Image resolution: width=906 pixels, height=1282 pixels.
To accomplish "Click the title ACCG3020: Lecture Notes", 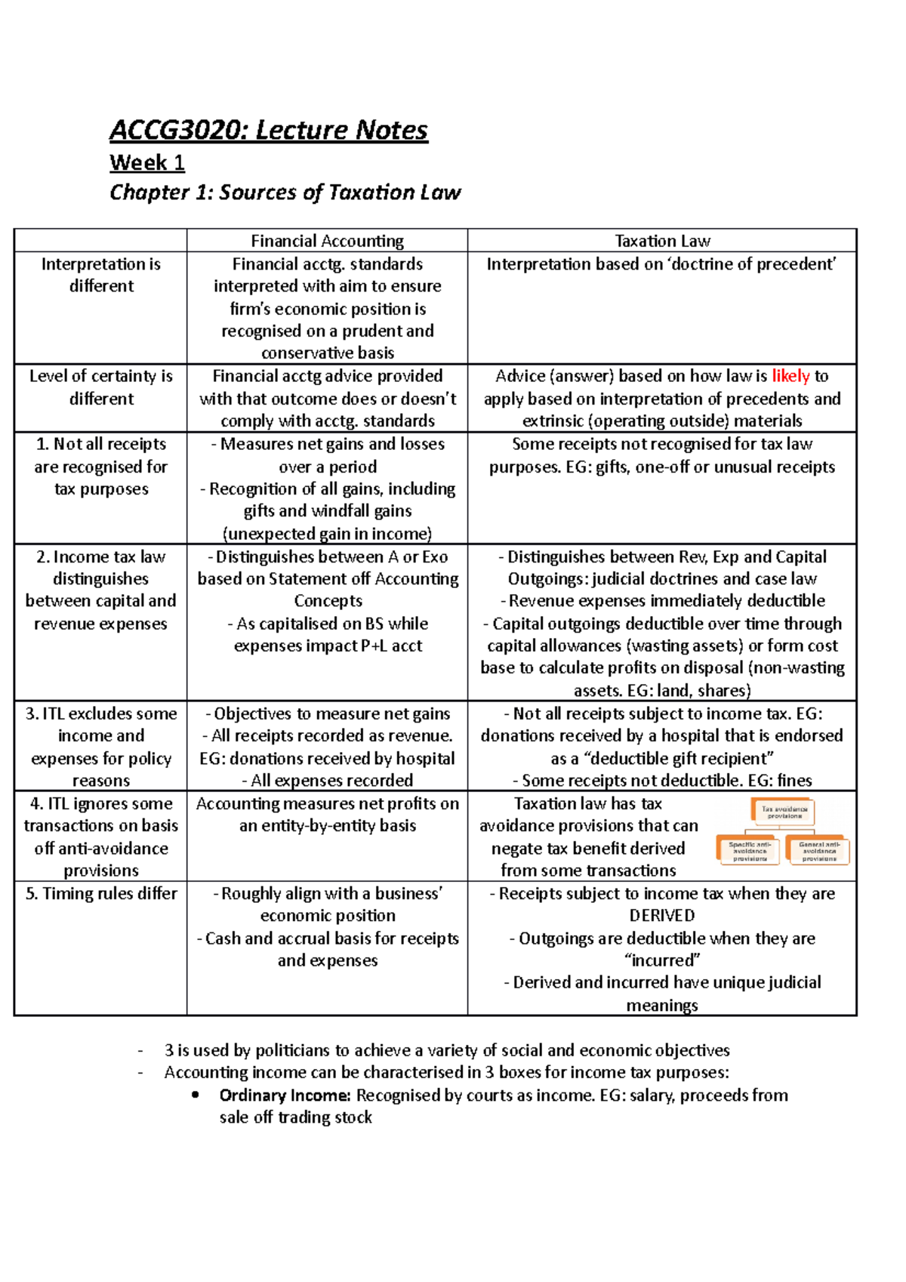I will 268,130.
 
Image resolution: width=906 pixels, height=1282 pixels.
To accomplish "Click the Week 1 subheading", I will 146,162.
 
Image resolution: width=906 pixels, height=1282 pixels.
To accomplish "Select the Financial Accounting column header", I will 327,241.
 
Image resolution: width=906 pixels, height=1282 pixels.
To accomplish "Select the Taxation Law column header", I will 661,241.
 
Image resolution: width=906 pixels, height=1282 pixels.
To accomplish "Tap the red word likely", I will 790,376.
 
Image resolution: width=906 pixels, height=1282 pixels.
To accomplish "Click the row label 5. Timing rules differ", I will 101,894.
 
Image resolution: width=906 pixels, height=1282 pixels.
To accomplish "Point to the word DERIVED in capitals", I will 661,916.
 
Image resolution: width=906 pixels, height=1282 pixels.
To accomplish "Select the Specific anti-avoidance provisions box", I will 749,851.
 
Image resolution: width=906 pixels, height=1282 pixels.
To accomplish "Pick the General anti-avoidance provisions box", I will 818,851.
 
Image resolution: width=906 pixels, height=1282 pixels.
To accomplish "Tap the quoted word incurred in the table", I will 662,960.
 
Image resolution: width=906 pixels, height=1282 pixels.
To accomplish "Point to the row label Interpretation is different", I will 101,275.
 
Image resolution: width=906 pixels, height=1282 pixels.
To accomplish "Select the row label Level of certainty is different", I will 101,387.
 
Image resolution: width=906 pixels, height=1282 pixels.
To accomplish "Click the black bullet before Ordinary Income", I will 196,1095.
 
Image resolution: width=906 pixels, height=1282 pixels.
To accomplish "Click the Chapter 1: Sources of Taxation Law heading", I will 285,193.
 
